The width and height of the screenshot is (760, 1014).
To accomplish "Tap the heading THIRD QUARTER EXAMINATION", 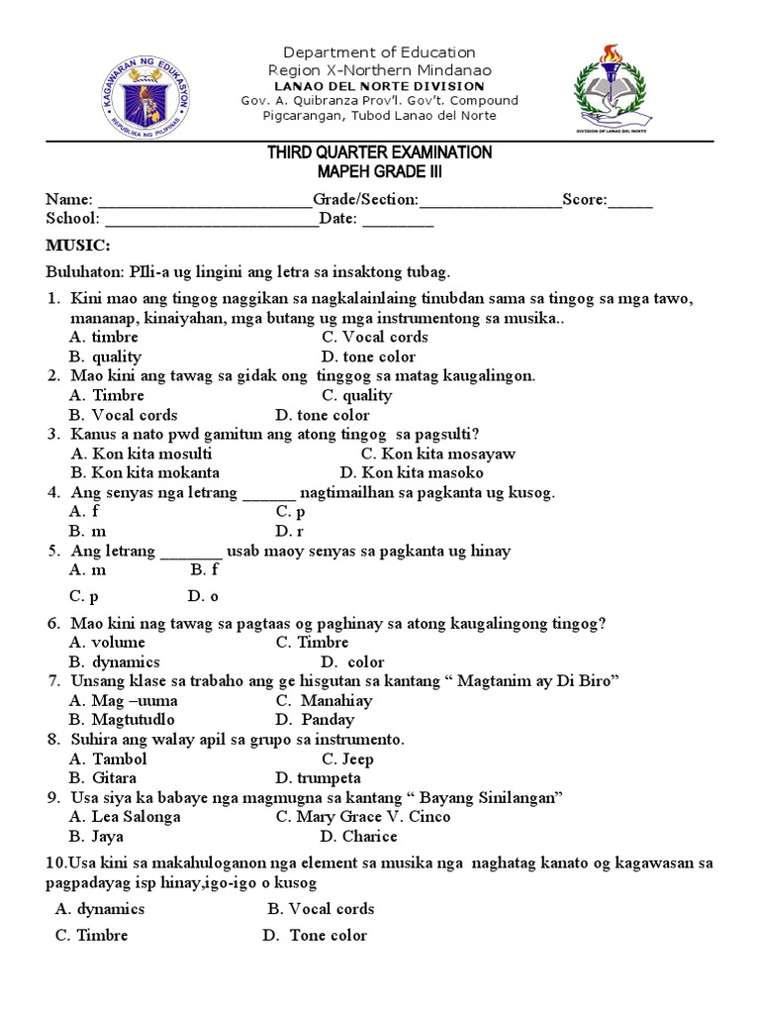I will tap(379, 152).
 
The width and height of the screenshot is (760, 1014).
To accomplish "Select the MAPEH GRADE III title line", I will tap(379, 172).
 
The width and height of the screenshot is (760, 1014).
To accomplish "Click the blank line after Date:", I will tap(398, 220).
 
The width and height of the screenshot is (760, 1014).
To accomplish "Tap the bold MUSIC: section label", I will tap(78, 245).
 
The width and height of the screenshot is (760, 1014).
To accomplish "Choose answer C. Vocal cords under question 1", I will tap(375, 337).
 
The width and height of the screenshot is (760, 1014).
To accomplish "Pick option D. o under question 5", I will tap(202, 596).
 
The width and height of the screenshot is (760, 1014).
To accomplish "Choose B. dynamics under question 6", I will tap(115, 661).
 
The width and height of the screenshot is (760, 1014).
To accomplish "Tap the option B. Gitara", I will tap(103, 778).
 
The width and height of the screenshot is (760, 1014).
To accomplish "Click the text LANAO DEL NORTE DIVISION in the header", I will tap(380, 86).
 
